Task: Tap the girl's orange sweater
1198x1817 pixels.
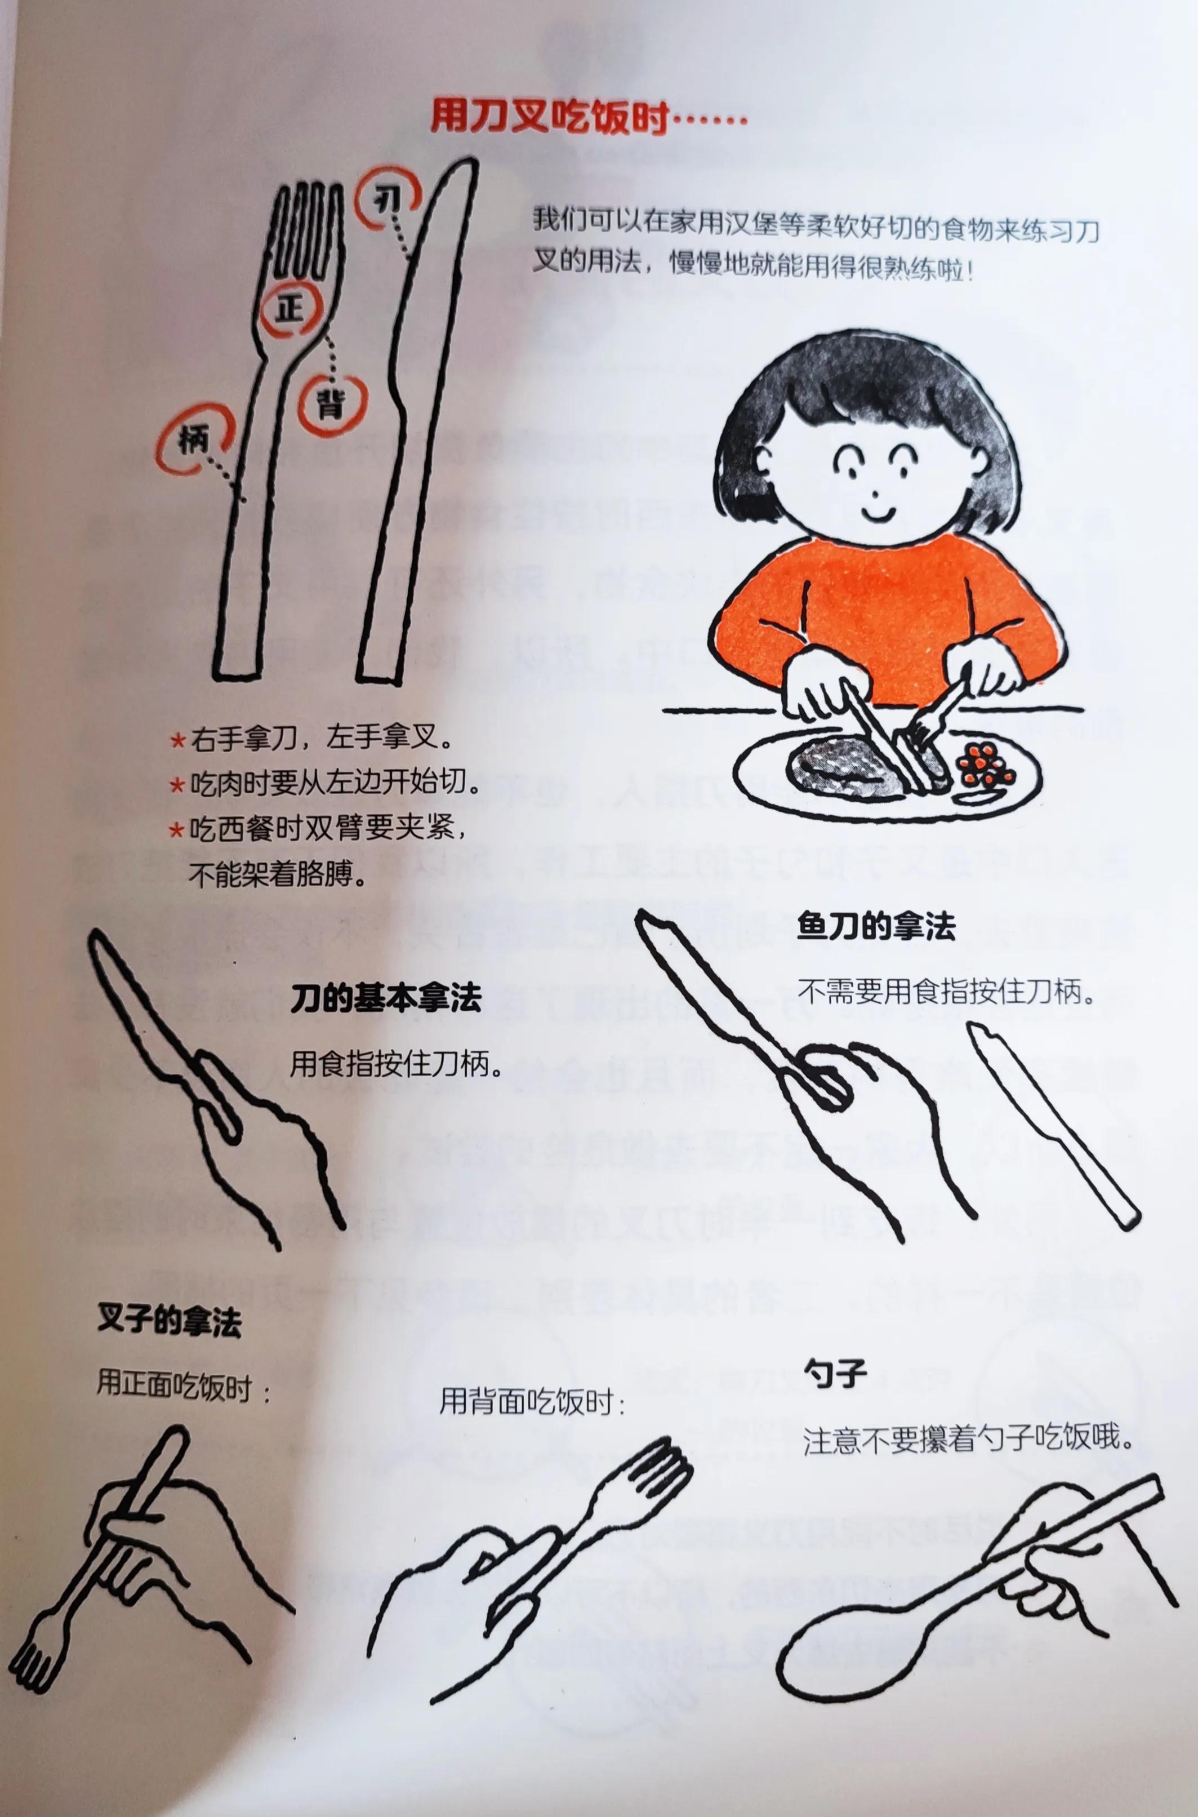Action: point(887,611)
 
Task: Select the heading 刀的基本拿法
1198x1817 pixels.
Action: point(386,999)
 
